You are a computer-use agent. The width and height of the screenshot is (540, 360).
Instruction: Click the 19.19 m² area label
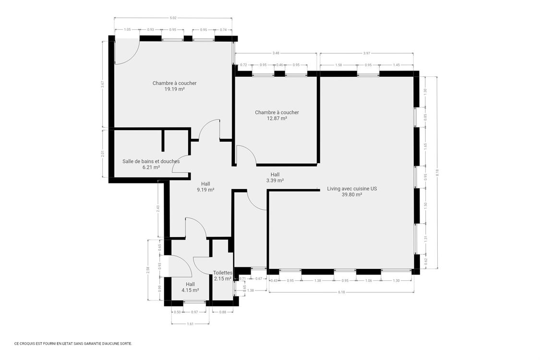click(x=174, y=89)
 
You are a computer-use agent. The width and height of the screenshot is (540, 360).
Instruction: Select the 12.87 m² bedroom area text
click(x=276, y=118)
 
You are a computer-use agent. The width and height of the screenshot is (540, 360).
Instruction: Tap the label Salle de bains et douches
click(x=151, y=161)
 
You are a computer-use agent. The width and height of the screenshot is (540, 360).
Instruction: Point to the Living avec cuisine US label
click(x=351, y=189)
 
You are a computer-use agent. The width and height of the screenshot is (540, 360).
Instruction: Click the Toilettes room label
click(x=223, y=273)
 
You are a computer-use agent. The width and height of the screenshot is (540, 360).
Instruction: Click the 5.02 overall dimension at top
click(x=173, y=18)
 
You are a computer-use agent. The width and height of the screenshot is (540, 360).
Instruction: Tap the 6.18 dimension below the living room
click(x=341, y=292)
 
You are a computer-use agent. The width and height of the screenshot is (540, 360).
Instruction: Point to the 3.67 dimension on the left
click(x=102, y=84)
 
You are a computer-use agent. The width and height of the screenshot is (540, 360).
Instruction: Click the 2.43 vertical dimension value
click(x=158, y=209)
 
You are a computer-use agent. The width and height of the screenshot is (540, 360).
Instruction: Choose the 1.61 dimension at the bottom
click(x=190, y=324)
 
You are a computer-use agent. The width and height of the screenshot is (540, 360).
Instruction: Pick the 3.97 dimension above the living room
click(x=367, y=53)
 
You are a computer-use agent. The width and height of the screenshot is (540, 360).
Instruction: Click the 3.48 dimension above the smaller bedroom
click(x=276, y=53)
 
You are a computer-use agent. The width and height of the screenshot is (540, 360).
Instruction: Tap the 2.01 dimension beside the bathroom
click(x=102, y=154)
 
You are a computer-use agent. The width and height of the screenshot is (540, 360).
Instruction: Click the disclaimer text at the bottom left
click(x=73, y=344)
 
